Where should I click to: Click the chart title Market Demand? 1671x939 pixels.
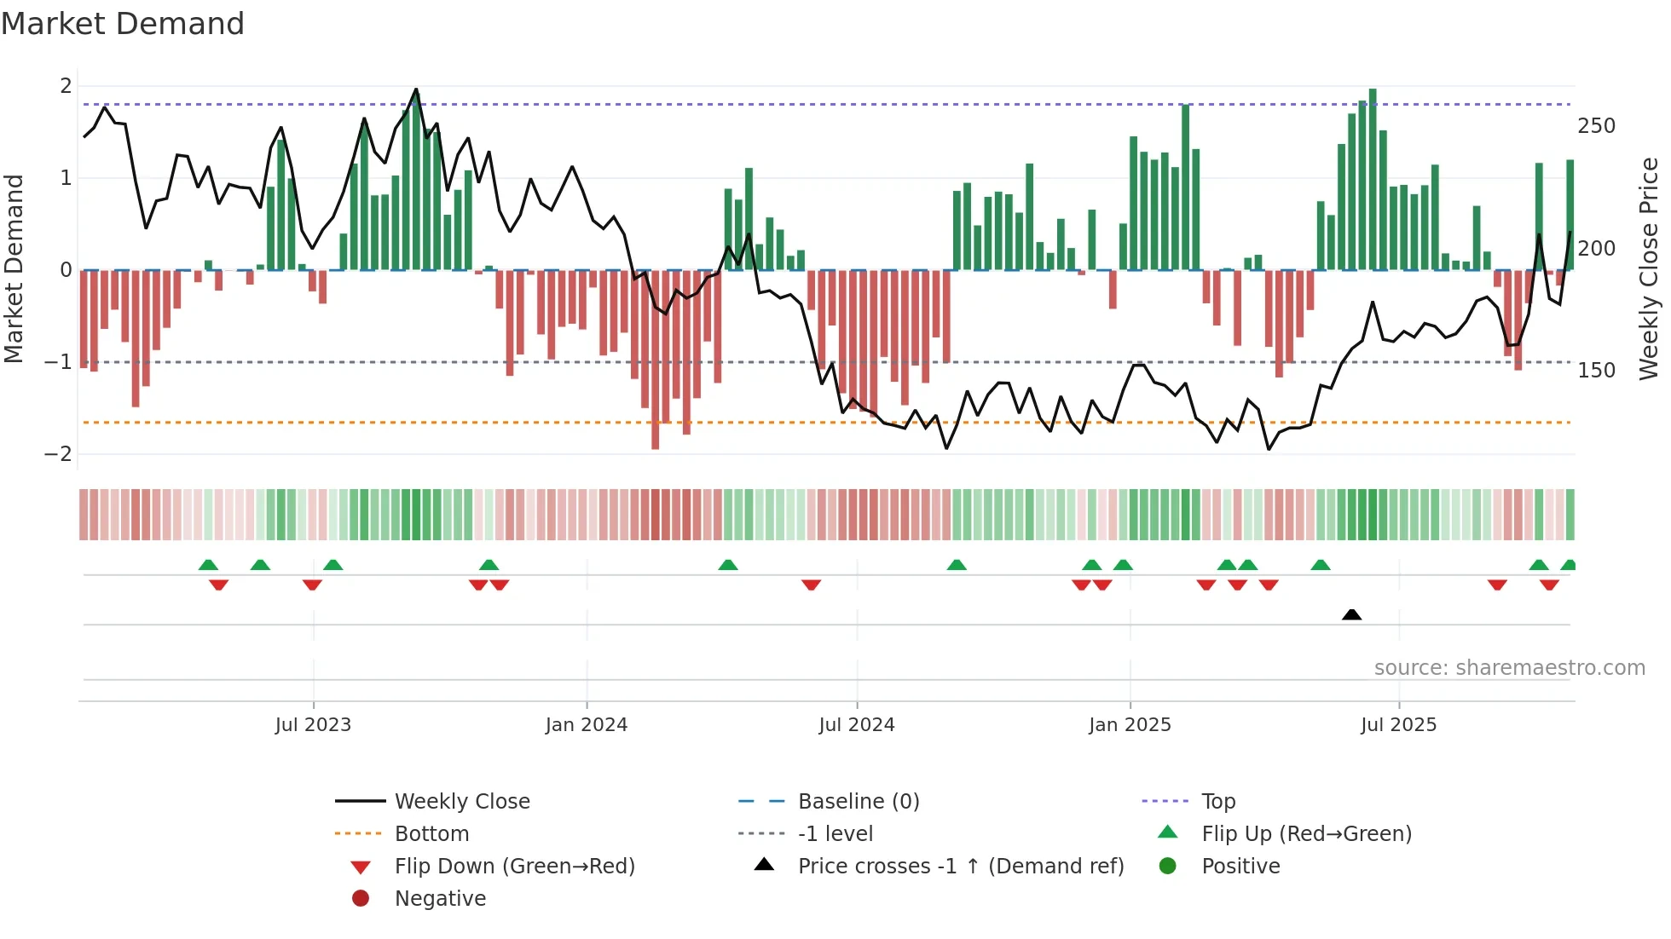pyautogui.click(x=123, y=24)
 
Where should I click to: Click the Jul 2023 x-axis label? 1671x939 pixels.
pyautogui.click(x=313, y=724)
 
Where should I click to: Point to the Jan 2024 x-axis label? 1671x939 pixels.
pyautogui.click(x=587, y=724)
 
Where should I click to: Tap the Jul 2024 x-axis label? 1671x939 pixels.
pyautogui.click(x=857, y=724)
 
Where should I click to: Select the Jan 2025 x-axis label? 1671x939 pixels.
pyautogui.click(x=1130, y=724)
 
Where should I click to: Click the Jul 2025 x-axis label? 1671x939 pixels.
pyautogui.click(x=1398, y=724)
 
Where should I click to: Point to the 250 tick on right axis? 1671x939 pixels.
pyautogui.click(x=1596, y=126)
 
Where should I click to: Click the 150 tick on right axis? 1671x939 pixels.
pyautogui.click(x=1596, y=371)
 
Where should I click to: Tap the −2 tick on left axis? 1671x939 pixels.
pyautogui.click(x=58, y=454)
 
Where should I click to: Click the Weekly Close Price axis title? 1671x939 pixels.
pyautogui.click(x=1649, y=268)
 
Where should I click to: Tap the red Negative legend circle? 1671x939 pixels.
pyautogui.click(x=361, y=899)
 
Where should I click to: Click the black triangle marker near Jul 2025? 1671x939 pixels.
pyautogui.click(x=1351, y=614)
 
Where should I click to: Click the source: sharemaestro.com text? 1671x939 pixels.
pyautogui.click(x=1509, y=668)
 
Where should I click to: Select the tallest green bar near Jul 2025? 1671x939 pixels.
pyautogui.click(x=1373, y=179)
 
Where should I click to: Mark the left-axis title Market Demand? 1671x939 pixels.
pyautogui.click(x=14, y=268)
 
